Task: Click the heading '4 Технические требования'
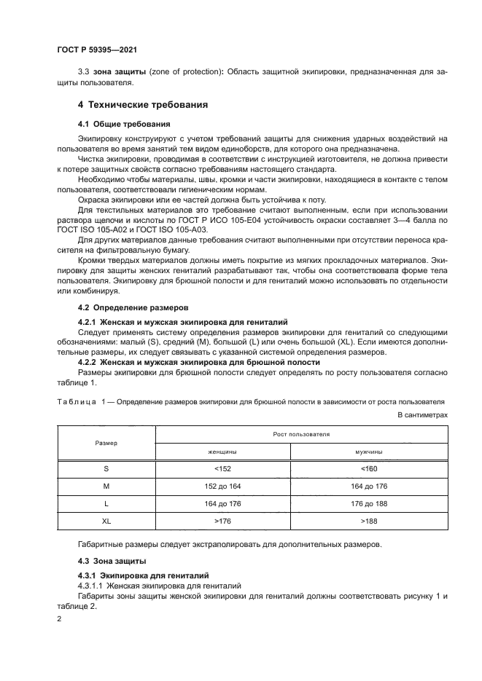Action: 143,105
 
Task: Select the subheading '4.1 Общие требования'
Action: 124,124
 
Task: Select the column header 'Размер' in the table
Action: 106,442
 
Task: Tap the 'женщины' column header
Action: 223,452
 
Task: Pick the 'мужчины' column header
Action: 368,452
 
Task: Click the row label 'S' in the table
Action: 106,469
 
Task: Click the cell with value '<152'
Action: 223,469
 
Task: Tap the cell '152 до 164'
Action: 223,487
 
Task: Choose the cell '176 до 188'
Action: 368,504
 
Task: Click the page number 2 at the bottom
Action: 59,618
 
